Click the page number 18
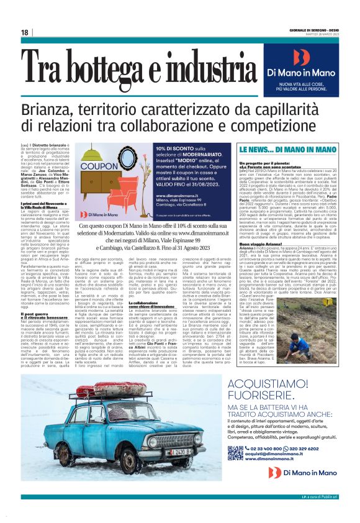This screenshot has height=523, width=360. point(24,32)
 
